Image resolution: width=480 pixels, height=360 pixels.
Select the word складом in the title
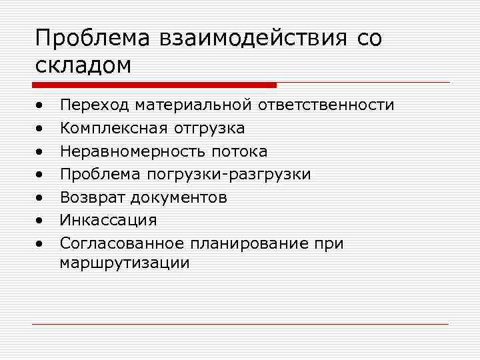83,65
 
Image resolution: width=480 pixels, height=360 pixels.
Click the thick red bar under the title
154,85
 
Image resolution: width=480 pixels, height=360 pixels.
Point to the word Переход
94,105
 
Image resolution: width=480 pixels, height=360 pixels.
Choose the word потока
239,151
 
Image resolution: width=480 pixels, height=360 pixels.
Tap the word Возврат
93,197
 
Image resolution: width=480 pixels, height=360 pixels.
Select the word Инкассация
108,220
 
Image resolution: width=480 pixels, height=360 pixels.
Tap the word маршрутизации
124,263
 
